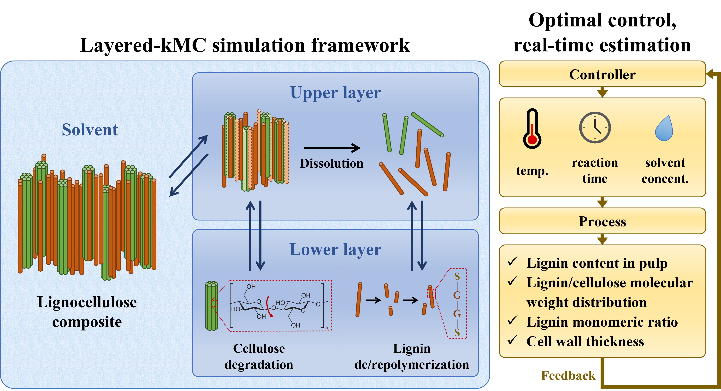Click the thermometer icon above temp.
pos(532,129)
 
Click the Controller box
pos(602,74)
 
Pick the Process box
pos(602,221)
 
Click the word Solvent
pos(90,130)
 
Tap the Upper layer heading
pos(335,93)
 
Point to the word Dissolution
pos(332,163)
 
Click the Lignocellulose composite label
pos(87,312)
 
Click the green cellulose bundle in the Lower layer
pos(212,306)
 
